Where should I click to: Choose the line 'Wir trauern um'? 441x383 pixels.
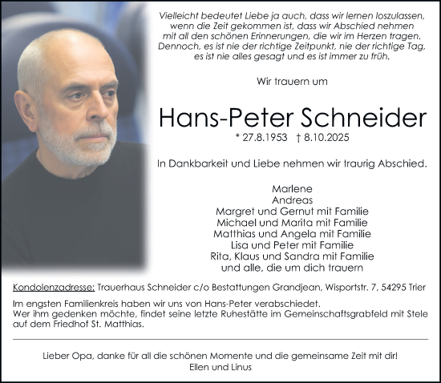coord(293,81)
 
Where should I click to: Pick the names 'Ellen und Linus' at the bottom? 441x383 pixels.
coord(220,367)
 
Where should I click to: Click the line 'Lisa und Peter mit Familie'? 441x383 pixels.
coord(292,244)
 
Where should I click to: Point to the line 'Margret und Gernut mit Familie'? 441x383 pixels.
coord(292,211)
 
